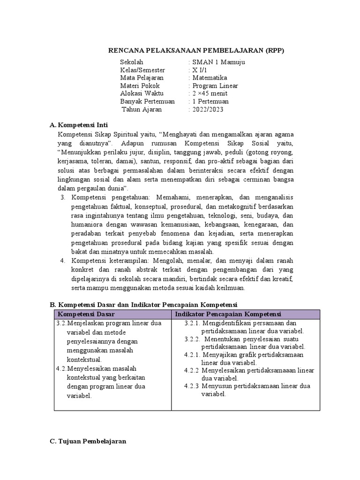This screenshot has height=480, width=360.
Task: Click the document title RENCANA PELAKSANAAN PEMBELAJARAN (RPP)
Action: pyautogui.click(x=196, y=50)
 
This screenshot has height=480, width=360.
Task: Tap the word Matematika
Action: pyautogui.click(x=209, y=78)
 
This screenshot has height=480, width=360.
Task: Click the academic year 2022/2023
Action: pyautogui.click(x=208, y=110)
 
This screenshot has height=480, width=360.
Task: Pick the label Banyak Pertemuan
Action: pyautogui.click(x=147, y=102)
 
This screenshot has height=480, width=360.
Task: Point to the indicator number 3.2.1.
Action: pyautogui.click(x=192, y=323)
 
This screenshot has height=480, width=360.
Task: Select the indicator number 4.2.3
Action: pyautogui.click(x=192, y=386)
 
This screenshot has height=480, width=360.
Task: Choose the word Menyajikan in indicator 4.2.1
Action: pyautogui.click(x=219, y=355)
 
